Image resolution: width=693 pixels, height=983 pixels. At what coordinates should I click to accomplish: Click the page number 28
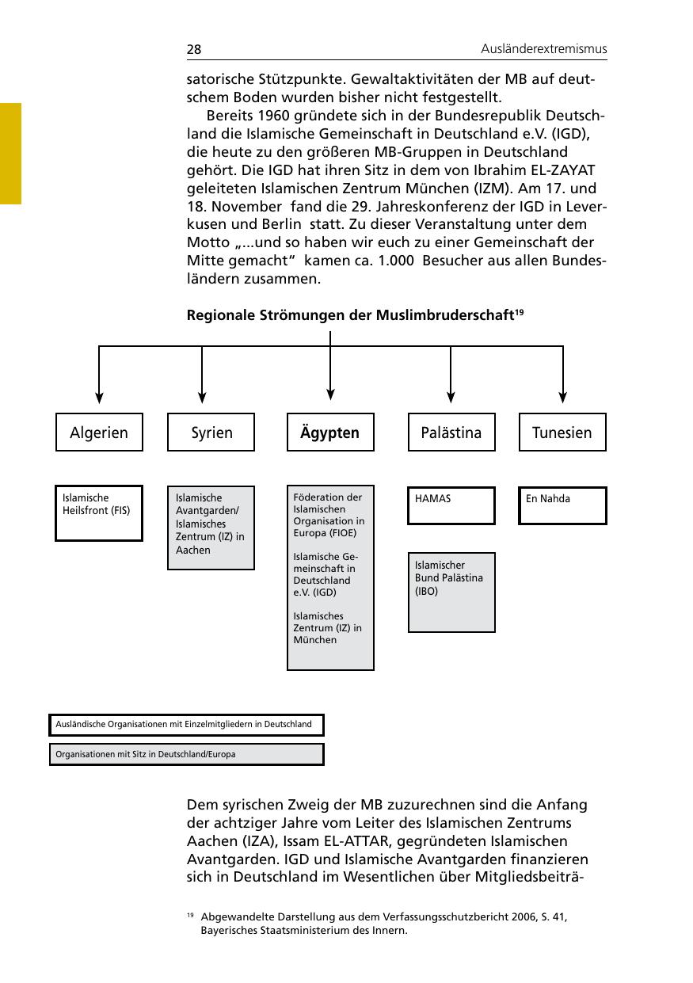(194, 50)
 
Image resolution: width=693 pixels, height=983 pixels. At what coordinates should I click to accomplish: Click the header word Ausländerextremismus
(543, 49)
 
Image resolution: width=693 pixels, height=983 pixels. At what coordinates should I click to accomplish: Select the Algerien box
(99, 432)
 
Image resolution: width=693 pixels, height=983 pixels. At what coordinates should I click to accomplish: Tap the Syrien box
(211, 432)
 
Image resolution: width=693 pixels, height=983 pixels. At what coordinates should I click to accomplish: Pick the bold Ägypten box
(330, 432)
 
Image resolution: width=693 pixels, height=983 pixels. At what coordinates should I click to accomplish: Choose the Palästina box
(451, 432)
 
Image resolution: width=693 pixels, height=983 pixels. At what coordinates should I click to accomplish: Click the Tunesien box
(562, 432)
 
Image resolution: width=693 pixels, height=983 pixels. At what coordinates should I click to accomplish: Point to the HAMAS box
(451, 505)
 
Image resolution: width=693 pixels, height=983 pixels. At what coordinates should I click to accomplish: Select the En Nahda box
(562, 505)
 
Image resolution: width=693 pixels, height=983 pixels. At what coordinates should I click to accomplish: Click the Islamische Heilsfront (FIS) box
(99, 512)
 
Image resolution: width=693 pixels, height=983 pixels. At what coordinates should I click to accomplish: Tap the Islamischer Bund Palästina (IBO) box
(451, 592)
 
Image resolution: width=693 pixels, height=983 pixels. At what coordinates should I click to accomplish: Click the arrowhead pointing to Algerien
(99, 398)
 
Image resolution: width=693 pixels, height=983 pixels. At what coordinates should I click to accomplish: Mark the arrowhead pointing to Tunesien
(563, 398)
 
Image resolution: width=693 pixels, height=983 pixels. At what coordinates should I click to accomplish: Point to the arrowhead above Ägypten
(330, 394)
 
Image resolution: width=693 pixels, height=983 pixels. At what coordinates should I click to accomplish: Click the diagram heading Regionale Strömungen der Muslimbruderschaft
(350, 315)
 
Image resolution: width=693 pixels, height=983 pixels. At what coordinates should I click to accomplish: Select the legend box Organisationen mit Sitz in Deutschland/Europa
(186, 754)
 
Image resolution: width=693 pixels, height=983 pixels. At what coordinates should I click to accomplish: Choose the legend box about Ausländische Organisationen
(186, 724)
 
